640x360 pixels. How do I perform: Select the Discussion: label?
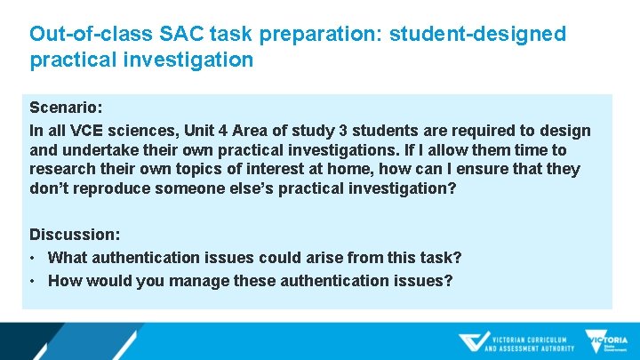75,235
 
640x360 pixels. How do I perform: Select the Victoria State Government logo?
606,342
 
